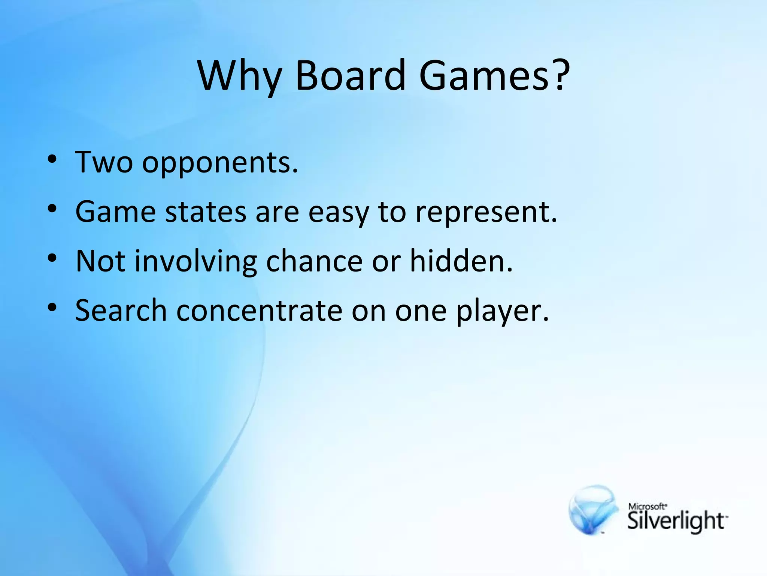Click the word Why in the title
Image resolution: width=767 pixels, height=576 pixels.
point(240,76)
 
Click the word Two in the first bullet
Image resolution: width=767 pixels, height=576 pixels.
point(104,162)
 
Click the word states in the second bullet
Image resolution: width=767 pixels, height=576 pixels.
point(206,212)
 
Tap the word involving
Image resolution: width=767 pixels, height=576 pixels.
point(196,262)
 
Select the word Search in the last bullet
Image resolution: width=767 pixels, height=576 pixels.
point(121,310)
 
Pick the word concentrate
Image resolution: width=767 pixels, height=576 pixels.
point(259,310)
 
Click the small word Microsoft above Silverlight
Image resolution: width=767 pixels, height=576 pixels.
point(647,506)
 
